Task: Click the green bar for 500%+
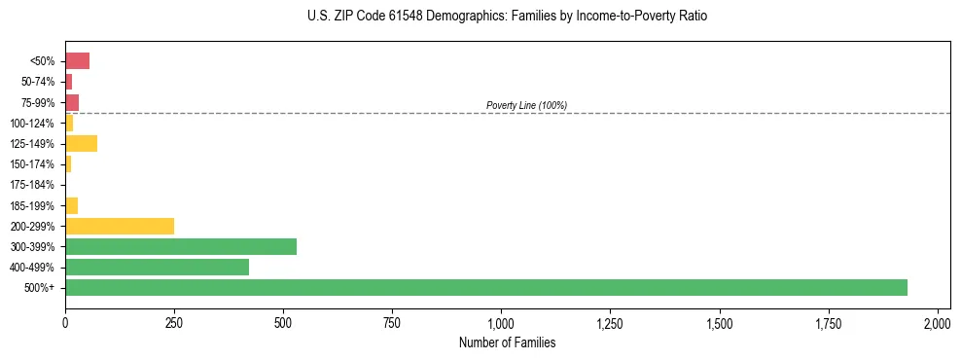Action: pyautogui.click(x=486, y=287)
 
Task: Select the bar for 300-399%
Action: pyautogui.click(x=181, y=246)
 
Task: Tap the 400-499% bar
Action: pyautogui.click(x=157, y=267)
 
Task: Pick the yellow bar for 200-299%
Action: pyautogui.click(x=120, y=226)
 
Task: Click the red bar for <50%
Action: pyautogui.click(x=77, y=61)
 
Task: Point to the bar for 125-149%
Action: pyautogui.click(x=81, y=144)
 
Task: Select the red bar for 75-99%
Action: pyautogui.click(x=72, y=102)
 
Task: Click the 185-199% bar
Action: pyautogui.click(x=71, y=205)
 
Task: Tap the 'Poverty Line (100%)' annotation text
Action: pyautogui.click(x=526, y=105)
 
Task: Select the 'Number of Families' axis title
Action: pyautogui.click(x=507, y=342)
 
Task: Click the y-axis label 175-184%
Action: pyautogui.click(x=32, y=185)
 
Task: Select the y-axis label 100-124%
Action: pyautogui.click(x=32, y=124)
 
